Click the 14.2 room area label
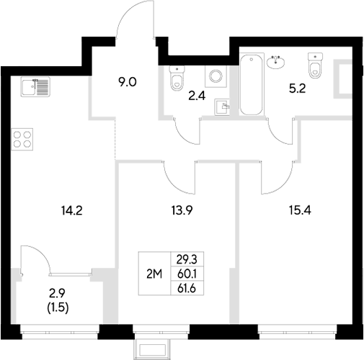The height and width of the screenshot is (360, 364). pos(71,212)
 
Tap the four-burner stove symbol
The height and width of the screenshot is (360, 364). pos(23,138)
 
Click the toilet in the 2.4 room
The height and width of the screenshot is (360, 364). pos(177,77)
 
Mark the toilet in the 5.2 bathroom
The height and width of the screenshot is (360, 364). pos(314,66)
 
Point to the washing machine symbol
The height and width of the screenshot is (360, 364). pos(214,75)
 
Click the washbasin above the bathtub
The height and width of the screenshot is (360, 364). pos(275,63)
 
